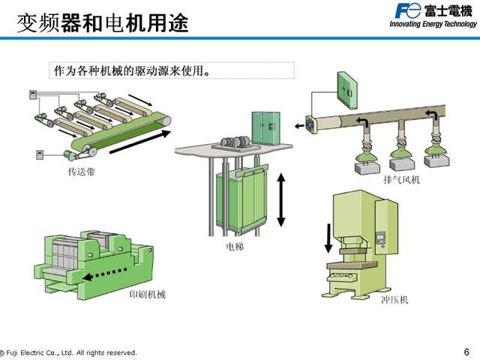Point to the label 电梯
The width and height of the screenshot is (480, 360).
click(x=235, y=245)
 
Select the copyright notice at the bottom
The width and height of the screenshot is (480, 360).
click(x=69, y=352)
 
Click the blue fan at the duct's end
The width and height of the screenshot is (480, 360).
click(x=310, y=124)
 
